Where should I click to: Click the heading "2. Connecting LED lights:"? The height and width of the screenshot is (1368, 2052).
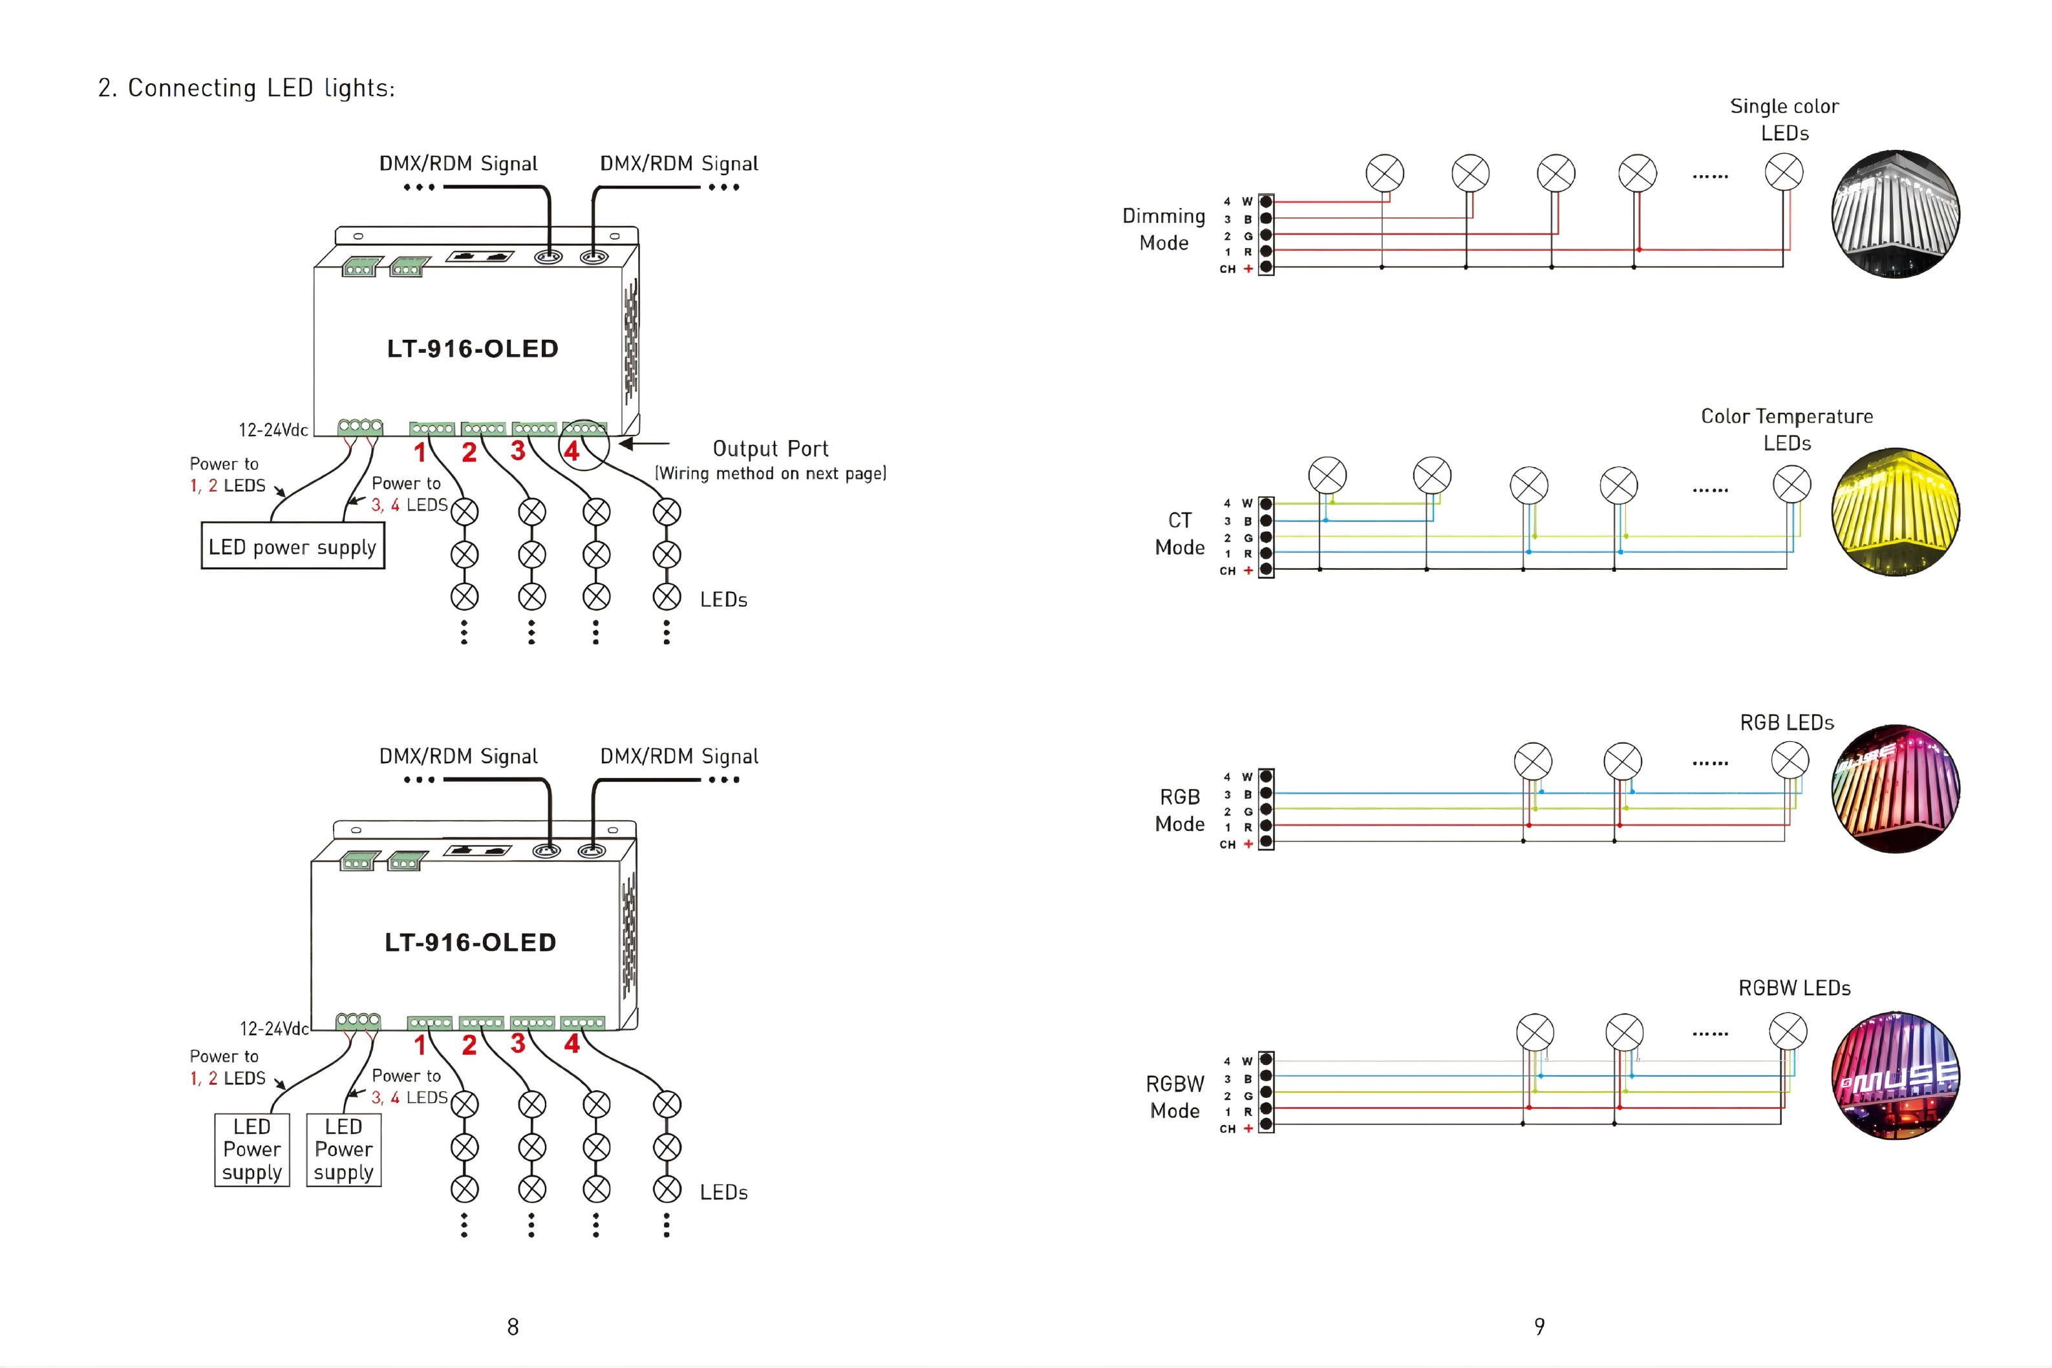(246, 88)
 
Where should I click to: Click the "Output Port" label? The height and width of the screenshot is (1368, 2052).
(770, 448)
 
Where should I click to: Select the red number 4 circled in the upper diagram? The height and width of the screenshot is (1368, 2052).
(572, 451)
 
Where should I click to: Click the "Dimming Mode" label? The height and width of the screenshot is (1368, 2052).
(1164, 229)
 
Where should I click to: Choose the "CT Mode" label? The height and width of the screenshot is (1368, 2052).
(1179, 533)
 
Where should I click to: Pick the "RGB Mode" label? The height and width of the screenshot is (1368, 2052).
(1179, 810)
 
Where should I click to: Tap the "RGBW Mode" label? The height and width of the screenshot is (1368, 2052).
(1175, 1097)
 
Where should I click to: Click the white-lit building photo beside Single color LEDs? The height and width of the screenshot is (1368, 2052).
(1895, 215)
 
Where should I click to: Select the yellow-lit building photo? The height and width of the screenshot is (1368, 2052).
(1895, 512)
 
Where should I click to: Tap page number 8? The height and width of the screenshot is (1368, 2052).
(513, 1326)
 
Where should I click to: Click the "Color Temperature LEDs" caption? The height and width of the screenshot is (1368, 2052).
(1787, 429)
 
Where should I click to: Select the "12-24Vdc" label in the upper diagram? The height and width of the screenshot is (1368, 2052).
(273, 429)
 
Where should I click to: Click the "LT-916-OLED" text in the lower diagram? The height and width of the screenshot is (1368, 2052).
(471, 942)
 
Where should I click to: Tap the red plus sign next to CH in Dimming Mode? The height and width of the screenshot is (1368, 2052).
(1248, 269)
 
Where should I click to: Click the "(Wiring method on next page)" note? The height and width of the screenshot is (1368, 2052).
(770, 473)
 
